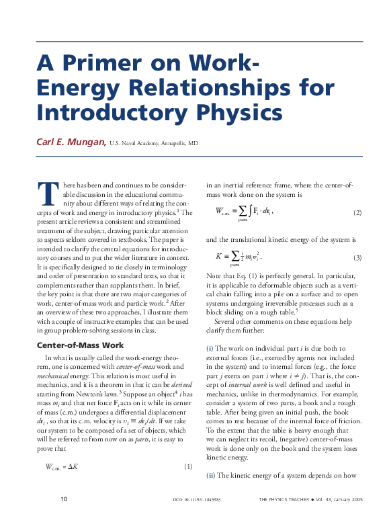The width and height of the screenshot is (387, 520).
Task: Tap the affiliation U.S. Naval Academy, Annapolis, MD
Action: [x=155, y=144]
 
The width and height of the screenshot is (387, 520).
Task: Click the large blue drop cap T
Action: [x=47, y=193]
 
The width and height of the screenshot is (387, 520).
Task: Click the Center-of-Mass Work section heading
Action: [x=80, y=345]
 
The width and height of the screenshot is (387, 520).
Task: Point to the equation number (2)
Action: [x=357, y=213]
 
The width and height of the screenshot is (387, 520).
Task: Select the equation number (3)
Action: [x=357, y=258]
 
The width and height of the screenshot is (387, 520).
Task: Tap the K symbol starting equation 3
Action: [x=218, y=256]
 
